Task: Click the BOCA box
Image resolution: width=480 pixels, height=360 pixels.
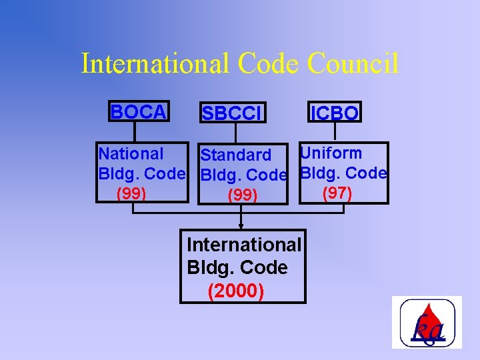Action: (x=138, y=112)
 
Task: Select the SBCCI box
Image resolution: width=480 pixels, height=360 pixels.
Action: (x=233, y=114)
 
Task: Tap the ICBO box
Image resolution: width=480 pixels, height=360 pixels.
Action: (x=334, y=113)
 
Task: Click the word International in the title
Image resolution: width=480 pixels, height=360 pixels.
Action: (x=155, y=64)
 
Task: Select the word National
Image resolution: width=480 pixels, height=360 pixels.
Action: (x=131, y=154)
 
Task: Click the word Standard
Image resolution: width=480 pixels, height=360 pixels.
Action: (x=235, y=155)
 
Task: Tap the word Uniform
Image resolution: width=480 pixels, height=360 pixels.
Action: (x=331, y=153)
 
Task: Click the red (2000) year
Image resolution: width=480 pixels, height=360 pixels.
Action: (x=236, y=291)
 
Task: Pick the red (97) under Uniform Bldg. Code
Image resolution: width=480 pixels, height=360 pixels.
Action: (x=337, y=193)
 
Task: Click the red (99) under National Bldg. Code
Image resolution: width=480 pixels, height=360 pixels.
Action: (x=131, y=194)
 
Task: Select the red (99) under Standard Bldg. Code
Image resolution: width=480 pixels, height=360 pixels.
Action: (x=243, y=196)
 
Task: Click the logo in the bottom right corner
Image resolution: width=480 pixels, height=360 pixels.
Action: (x=427, y=322)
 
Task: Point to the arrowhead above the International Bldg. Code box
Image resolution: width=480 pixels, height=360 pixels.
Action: (x=241, y=226)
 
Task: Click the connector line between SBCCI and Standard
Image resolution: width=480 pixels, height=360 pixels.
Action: (x=235, y=133)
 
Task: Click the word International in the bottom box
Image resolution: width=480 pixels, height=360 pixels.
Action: (x=245, y=245)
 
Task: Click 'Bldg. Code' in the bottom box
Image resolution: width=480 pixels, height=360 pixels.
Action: (x=237, y=268)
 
